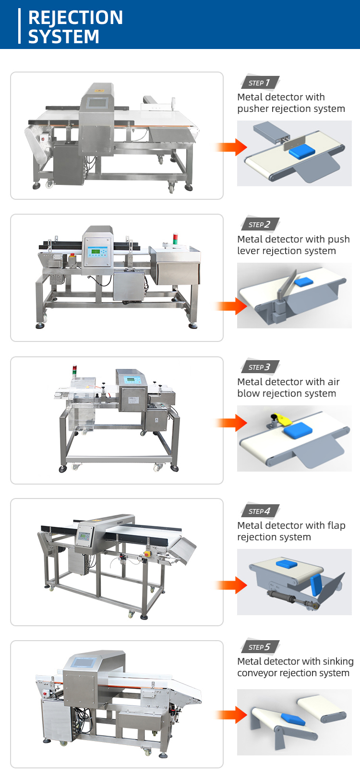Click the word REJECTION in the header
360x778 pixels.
point(75,17)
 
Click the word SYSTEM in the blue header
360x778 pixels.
point(63,36)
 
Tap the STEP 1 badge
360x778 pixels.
point(260,83)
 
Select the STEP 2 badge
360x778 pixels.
point(260,224)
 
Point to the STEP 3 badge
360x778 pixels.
point(260,367)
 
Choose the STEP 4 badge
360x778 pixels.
point(260,511)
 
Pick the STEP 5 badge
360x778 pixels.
point(260,647)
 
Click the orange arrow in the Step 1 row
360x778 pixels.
point(231,147)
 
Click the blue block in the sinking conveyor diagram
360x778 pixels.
point(292,719)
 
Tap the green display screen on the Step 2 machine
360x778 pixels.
point(97,252)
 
